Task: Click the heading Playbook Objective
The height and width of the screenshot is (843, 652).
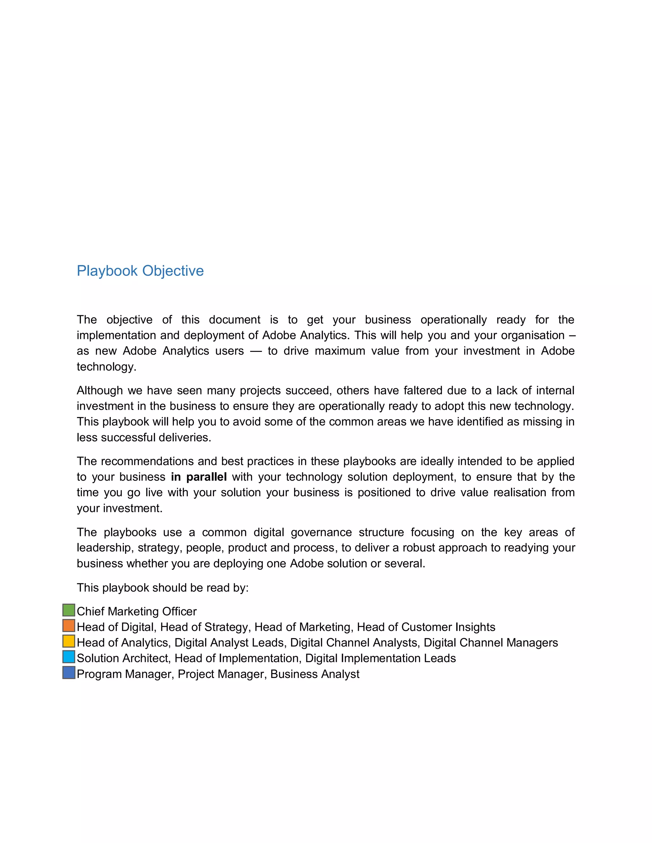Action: tap(140, 271)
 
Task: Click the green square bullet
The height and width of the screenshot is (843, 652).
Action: tap(69, 610)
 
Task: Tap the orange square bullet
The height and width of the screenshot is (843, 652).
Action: tap(69, 626)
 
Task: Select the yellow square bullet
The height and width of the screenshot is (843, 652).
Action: tap(69, 642)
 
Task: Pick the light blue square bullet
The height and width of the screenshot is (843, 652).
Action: tap(69, 657)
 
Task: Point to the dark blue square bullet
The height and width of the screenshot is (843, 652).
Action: tap(69, 673)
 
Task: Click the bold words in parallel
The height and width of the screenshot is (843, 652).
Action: tap(199, 477)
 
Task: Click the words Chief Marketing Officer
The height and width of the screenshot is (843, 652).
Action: tap(136, 611)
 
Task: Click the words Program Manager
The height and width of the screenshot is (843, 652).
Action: tap(124, 674)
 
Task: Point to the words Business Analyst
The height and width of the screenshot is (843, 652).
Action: tap(315, 674)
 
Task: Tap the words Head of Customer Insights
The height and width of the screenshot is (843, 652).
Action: tap(426, 627)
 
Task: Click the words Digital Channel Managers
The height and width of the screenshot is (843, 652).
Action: tap(491, 643)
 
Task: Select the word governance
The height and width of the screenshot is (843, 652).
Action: tap(321, 532)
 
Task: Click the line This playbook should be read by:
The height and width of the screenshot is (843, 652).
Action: tap(162, 588)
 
